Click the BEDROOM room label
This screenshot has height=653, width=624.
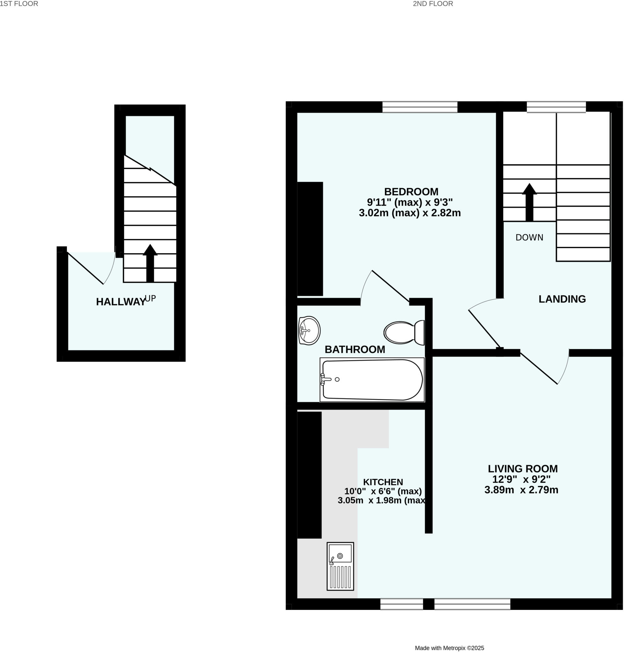click(411, 192)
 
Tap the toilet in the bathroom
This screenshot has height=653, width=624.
click(403, 332)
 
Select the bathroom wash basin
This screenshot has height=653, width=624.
click(309, 330)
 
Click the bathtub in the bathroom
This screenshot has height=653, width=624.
click(372, 379)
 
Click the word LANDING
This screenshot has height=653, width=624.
click(562, 299)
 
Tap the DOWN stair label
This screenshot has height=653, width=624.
click(529, 238)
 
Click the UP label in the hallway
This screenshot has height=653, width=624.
click(150, 298)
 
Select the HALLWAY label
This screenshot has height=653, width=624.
click(121, 302)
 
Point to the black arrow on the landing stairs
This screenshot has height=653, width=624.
click(529, 202)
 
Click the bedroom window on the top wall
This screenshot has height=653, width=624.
click(420, 107)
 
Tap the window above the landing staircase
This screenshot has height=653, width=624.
click(556, 107)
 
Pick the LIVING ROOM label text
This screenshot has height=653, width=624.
click(523, 469)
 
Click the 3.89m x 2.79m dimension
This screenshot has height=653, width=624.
click(521, 490)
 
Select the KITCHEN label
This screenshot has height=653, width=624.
click(383, 482)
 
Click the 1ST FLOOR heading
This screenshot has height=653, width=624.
click(19, 4)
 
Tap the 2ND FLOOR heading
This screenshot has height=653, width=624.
click(433, 4)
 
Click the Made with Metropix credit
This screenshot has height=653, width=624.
click(449, 648)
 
